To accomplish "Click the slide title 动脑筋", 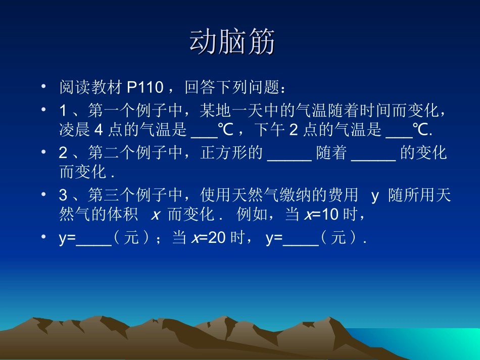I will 232,42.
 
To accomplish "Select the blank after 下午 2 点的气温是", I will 399,130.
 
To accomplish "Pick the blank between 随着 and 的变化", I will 373,153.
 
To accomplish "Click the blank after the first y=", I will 93,239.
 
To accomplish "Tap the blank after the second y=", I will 301,239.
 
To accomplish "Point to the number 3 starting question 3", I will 63,196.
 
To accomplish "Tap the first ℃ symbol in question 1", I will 225,130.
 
